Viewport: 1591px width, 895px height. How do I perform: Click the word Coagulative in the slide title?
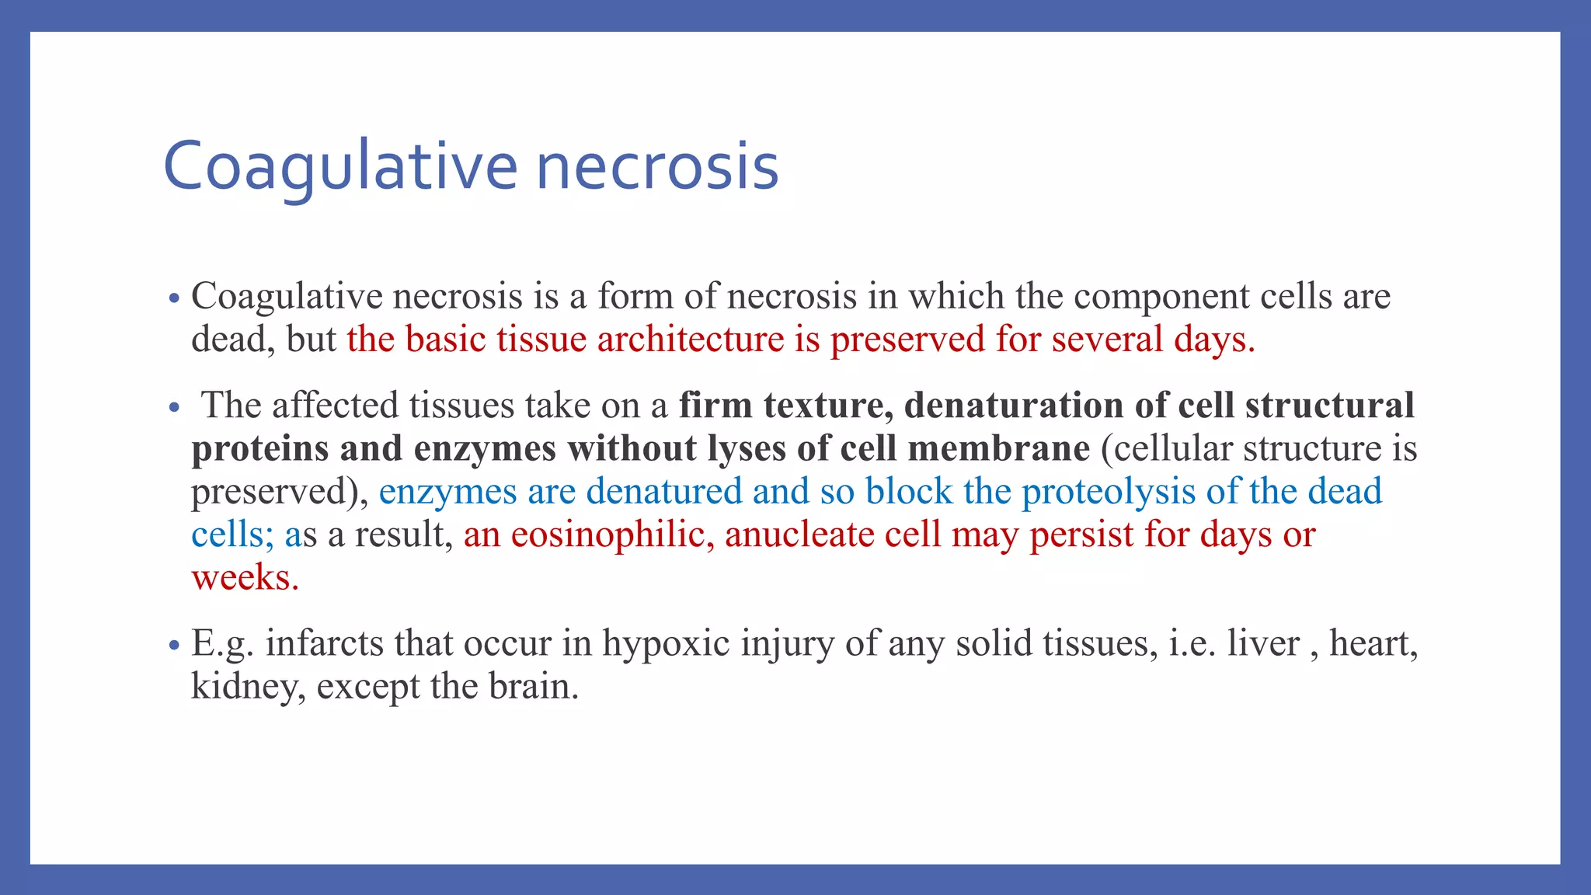[x=339, y=166]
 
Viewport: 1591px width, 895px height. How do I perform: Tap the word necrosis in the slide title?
[x=657, y=166]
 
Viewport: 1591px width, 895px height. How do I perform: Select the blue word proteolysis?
[x=1108, y=492]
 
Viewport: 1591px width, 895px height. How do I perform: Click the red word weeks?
[x=245, y=578]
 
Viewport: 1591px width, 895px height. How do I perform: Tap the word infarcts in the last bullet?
[x=324, y=643]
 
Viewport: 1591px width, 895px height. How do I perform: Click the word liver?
[x=1263, y=643]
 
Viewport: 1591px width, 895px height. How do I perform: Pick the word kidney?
[x=248, y=687]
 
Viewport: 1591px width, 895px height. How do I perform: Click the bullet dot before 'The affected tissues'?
[x=174, y=407]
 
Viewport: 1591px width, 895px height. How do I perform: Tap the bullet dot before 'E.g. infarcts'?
[x=174, y=645]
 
